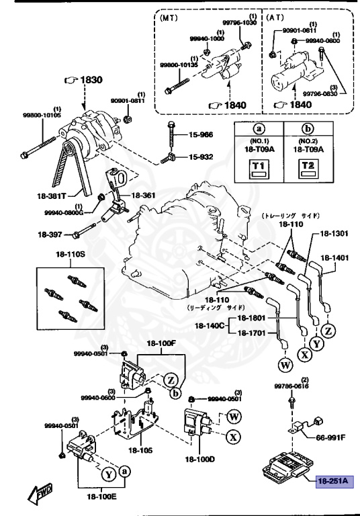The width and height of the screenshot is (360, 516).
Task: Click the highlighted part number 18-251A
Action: pos(334,480)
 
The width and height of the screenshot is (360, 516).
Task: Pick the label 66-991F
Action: pos(330,437)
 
